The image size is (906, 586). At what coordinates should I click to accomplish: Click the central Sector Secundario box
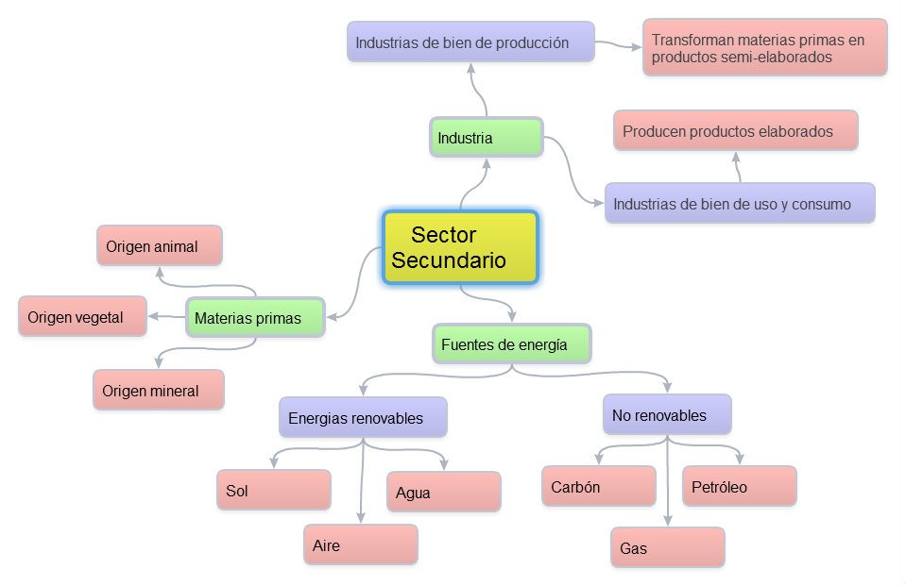(460, 247)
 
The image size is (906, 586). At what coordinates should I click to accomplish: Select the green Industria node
(487, 138)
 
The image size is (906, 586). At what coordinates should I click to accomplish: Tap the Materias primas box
(255, 318)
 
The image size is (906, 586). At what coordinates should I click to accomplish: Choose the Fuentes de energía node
(511, 344)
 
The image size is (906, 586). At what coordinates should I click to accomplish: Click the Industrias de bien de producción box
(470, 42)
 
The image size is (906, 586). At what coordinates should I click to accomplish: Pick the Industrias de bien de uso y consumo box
(739, 204)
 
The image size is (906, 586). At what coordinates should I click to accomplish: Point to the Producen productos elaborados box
(735, 131)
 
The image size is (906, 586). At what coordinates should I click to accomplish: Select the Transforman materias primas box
(764, 48)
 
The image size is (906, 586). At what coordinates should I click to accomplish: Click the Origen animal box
(159, 246)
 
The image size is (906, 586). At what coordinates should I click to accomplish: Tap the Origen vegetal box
(83, 317)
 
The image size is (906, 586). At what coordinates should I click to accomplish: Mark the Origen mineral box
(159, 390)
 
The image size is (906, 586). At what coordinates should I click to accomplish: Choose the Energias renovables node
(362, 417)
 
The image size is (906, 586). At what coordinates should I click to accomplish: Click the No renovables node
(667, 415)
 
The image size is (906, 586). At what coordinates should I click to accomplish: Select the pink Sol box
(273, 491)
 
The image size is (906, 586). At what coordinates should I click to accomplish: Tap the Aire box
(360, 545)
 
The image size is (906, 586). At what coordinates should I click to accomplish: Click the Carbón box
(599, 487)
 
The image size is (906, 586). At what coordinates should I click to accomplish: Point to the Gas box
(667, 547)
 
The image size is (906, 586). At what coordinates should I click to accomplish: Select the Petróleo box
(739, 487)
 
